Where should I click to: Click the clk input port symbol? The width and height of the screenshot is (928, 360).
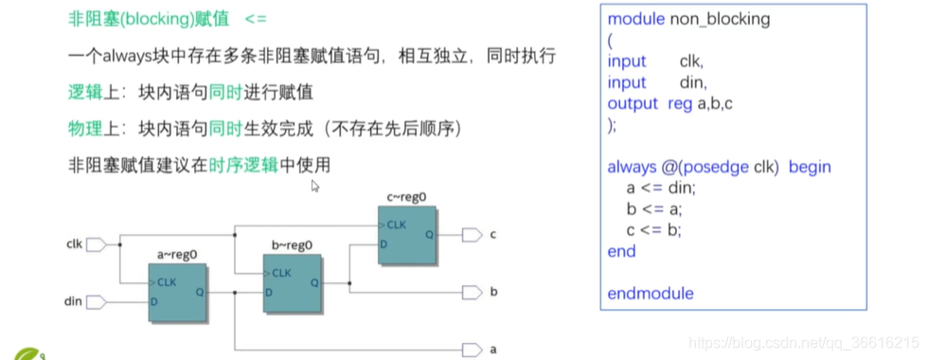[x=96, y=245]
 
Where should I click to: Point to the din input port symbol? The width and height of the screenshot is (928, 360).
[x=96, y=302]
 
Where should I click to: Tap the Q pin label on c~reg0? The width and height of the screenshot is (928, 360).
[x=429, y=234]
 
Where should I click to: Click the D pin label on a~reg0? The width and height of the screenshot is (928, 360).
[x=153, y=302]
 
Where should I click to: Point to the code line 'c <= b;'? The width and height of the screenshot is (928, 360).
[x=653, y=230]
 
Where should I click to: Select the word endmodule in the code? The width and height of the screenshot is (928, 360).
[x=650, y=294]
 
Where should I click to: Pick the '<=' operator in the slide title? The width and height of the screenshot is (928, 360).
[x=257, y=19]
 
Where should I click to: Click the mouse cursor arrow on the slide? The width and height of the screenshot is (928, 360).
[x=315, y=186]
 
